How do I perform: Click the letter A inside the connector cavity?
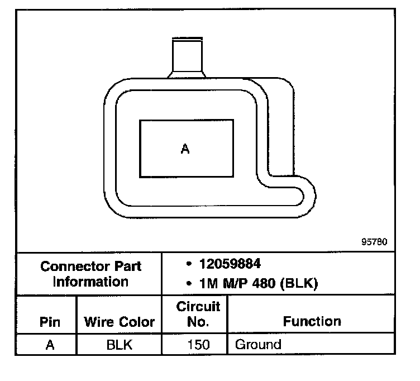pyautogui.click(x=185, y=149)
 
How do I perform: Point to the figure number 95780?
pyautogui.click(x=374, y=242)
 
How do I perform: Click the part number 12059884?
pyautogui.click(x=230, y=264)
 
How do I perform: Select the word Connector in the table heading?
pyautogui.click(x=75, y=266)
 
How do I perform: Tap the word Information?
pyautogui.click(x=91, y=282)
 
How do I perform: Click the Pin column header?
pyautogui.click(x=50, y=322)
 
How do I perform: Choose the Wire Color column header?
pyautogui.click(x=119, y=322)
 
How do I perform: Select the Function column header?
pyautogui.click(x=312, y=321)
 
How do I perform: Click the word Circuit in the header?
pyautogui.click(x=198, y=307)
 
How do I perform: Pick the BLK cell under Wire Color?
pyautogui.click(x=120, y=345)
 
